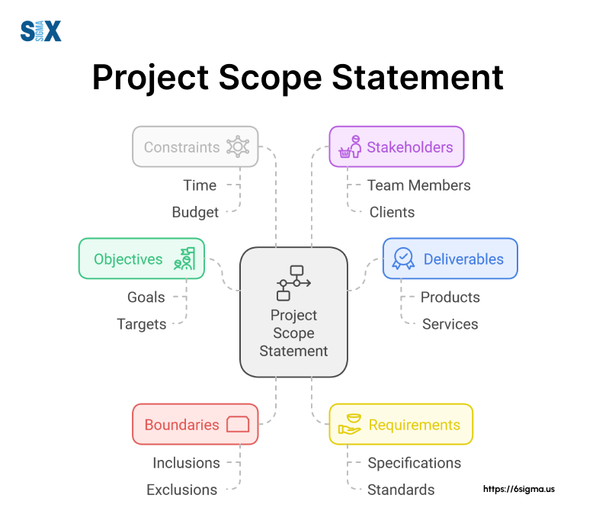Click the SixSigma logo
[40, 31]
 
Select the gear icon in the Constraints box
[238, 147]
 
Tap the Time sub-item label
[200, 185]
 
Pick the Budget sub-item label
[195, 212]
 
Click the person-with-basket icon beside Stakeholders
[350, 147]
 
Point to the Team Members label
[418, 185]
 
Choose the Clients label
[392, 212]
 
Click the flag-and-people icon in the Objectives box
[184, 259]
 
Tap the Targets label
[141, 324]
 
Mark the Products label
[450, 297]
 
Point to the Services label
[450, 324]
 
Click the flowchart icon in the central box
[293, 283]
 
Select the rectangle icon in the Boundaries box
[238, 425]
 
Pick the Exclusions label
[181, 490]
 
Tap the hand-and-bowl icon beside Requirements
[350, 425]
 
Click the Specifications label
[414, 463]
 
